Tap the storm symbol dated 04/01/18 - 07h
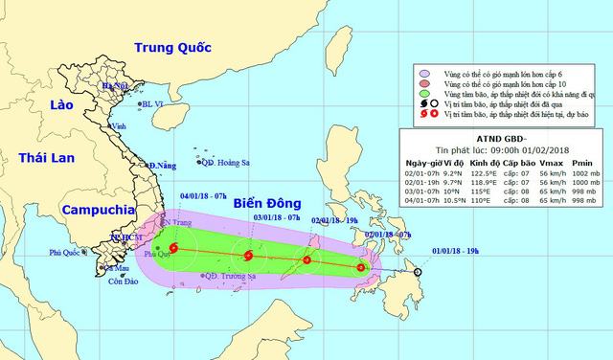[x=172, y=250]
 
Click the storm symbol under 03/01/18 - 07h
[x=248, y=256]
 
